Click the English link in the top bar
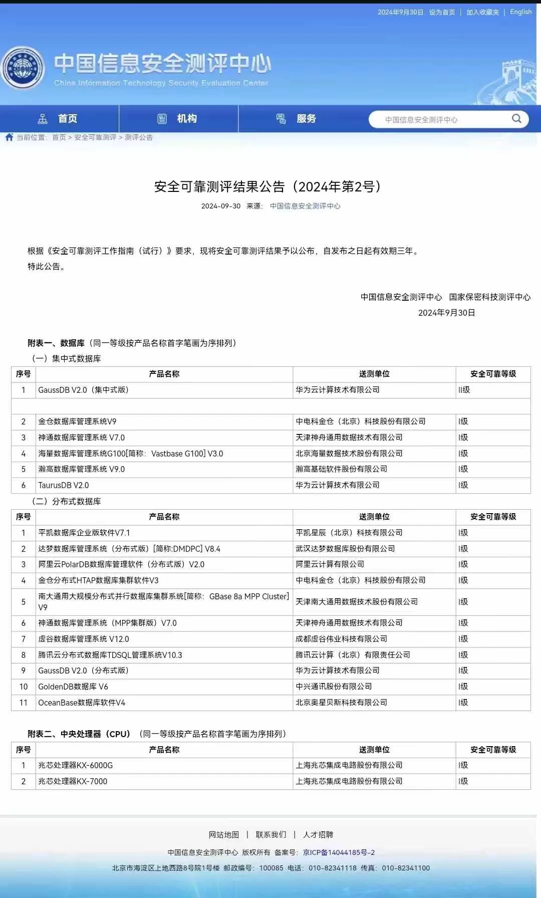(x=520, y=12)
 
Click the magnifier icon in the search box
(x=516, y=119)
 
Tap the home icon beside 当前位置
(x=9, y=137)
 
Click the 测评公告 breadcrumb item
(x=139, y=137)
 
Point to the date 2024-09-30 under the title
(x=220, y=206)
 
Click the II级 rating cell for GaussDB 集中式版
(x=464, y=390)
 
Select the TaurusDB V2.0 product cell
(x=64, y=485)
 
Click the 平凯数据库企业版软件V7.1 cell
(x=84, y=533)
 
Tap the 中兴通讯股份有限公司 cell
(x=334, y=687)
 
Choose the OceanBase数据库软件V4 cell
(x=82, y=703)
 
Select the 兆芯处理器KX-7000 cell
(x=73, y=781)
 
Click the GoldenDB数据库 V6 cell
(x=73, y=687)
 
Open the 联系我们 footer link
(x=271, y=834)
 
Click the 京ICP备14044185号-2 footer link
(x=339, y=852)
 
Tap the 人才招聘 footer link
(x=318, y=834)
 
